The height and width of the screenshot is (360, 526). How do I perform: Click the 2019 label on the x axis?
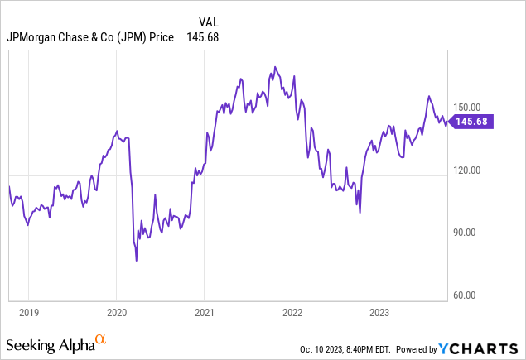point(28,314)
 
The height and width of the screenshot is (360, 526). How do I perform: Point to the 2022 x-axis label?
point(292,314)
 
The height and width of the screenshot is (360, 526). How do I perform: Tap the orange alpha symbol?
point(101,339)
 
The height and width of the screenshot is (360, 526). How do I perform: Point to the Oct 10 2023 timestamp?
point(350,349)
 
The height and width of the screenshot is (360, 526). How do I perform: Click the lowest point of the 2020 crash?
point(136,261)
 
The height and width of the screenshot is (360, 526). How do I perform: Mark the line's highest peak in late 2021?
point(273,67)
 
